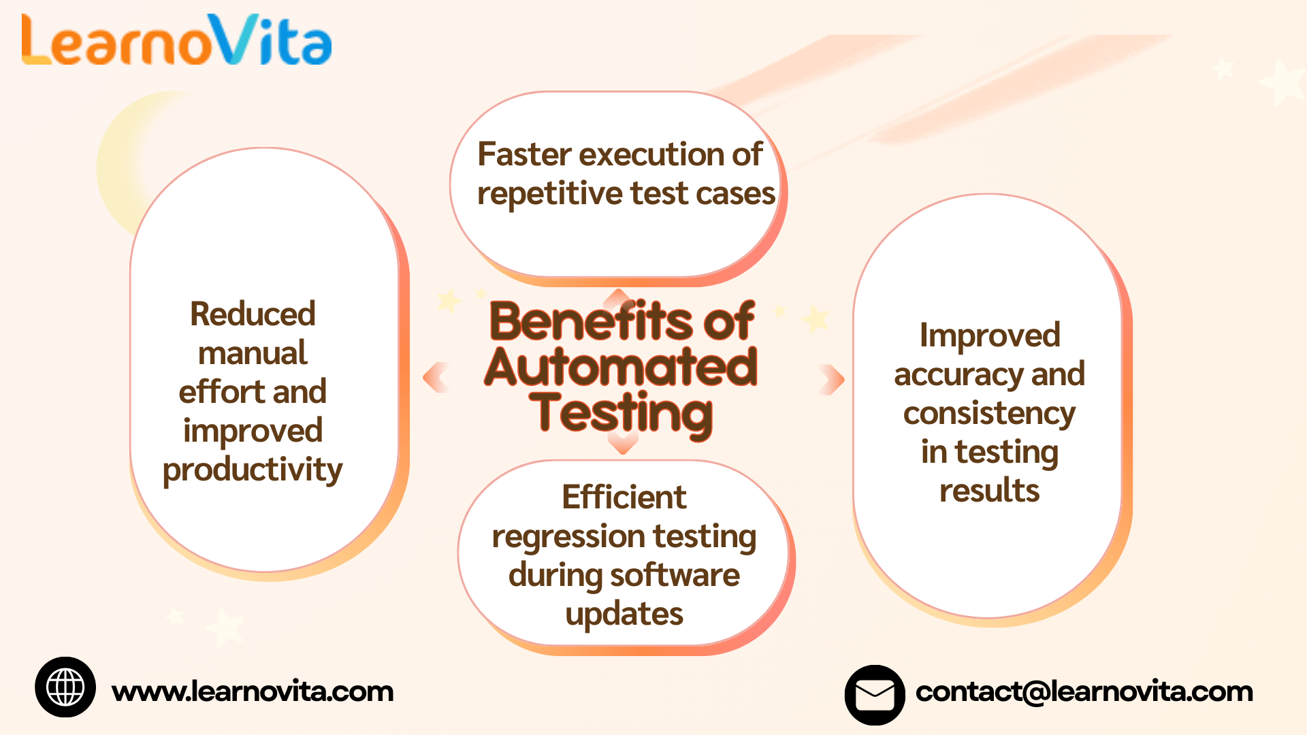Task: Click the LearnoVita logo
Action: pos(176,41)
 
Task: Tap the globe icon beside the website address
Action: pos(65,687)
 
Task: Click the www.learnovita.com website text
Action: pos(253,691)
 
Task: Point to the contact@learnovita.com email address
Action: pos(1084,691)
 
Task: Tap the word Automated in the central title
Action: pos(621,367)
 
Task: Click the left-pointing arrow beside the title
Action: pos(436,378)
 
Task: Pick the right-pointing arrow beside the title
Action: pos(832,379)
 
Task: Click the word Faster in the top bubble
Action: pos(523,154)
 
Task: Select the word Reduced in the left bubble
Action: pos(253,314)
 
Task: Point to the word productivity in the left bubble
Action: pos(253,470)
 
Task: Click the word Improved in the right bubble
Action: pos(990,336)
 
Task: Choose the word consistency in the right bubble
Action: pos(989,413)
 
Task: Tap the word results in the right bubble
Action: pos(989,491)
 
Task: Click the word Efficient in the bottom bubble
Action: pos(624,497)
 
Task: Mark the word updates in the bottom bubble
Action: pos(624,614)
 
